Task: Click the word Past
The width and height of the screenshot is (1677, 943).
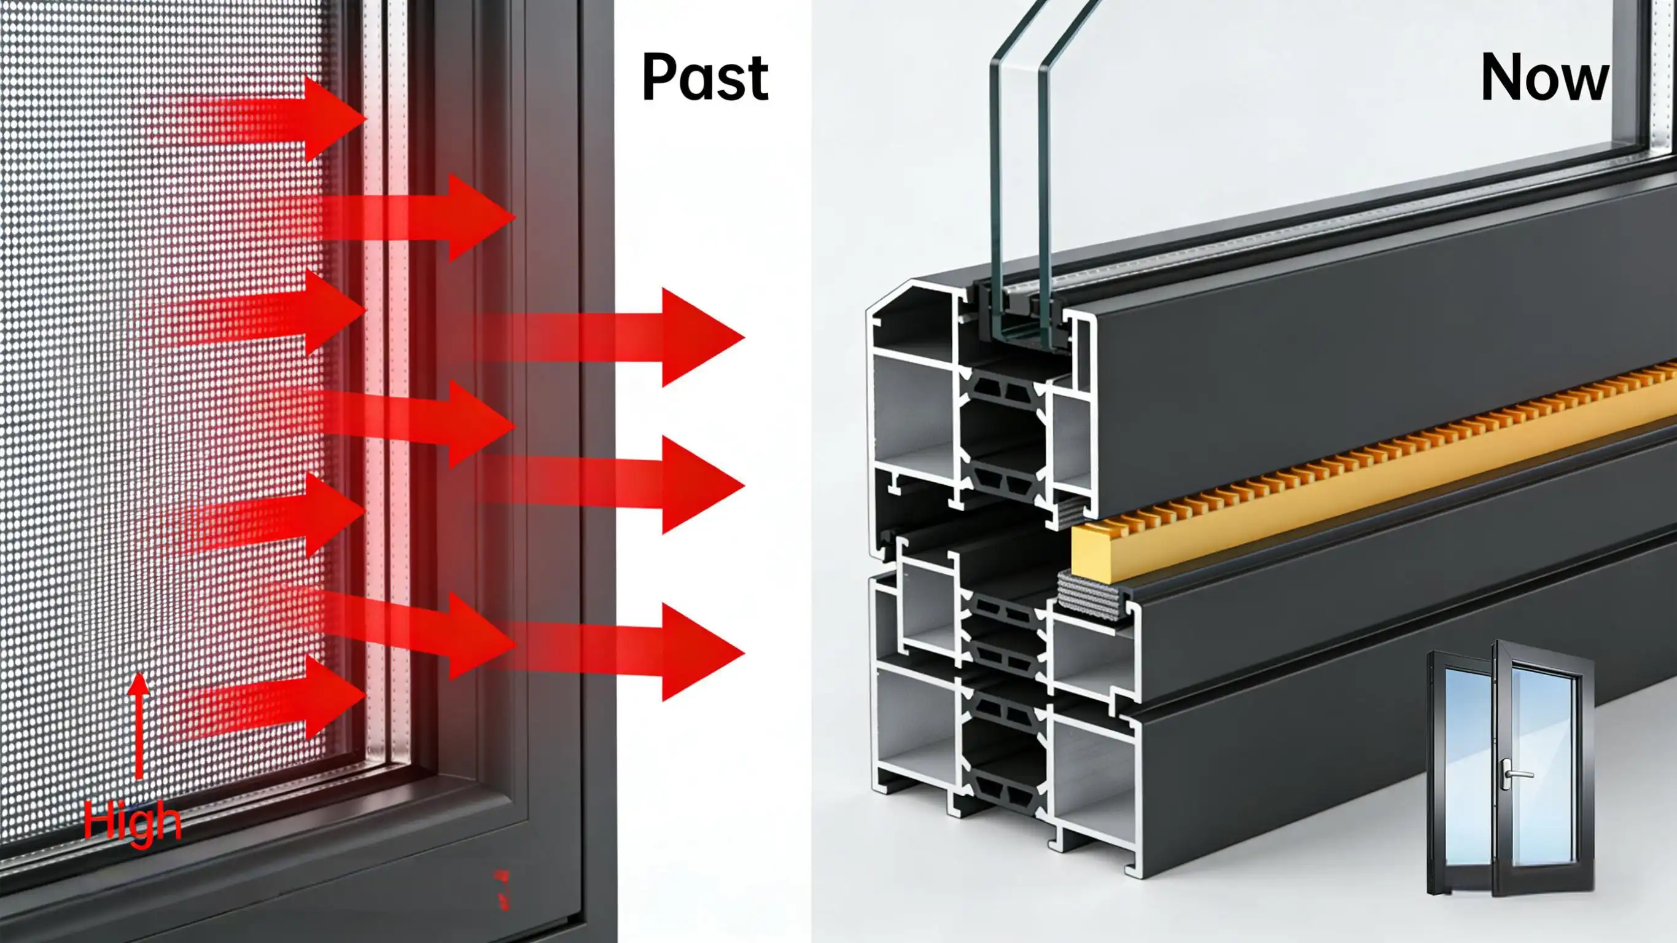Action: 705,77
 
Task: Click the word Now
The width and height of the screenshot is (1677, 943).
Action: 1545,77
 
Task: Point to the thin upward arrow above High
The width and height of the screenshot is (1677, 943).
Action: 138,726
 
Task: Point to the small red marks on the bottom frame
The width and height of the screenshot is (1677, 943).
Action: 502,890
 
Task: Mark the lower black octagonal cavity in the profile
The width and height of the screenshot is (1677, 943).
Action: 1003,749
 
